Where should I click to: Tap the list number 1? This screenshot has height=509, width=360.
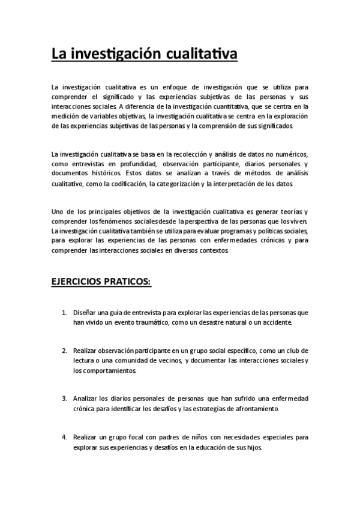(64, 313)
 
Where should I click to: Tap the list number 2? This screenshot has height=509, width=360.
(64, 350)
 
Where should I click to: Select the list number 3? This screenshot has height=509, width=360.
(64, 399)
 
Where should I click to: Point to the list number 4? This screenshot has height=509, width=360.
(64, 437)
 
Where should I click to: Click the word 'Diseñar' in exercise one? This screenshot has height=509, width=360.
(85, 313)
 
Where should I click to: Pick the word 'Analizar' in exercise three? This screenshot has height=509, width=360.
(86, 399)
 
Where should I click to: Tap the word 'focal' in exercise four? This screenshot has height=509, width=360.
(136, 437)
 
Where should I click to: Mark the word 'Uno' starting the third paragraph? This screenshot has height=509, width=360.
(58, 211)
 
